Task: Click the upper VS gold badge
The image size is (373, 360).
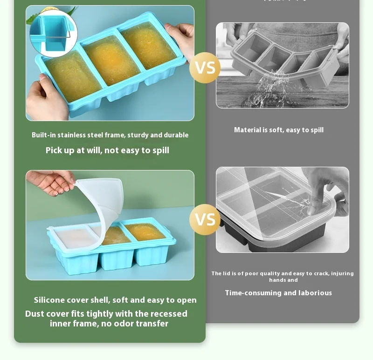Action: coord(205,68)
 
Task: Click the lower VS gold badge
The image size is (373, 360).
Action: coord(205,219)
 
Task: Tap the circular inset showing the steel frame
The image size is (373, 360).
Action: coord(53,34)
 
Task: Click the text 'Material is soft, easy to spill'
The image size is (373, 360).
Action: coord(278,130)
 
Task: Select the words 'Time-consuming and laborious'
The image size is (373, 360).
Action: coord(278,293)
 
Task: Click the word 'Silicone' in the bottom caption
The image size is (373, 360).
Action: coord(49,300)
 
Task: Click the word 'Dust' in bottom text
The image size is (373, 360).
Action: coord(35,314)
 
